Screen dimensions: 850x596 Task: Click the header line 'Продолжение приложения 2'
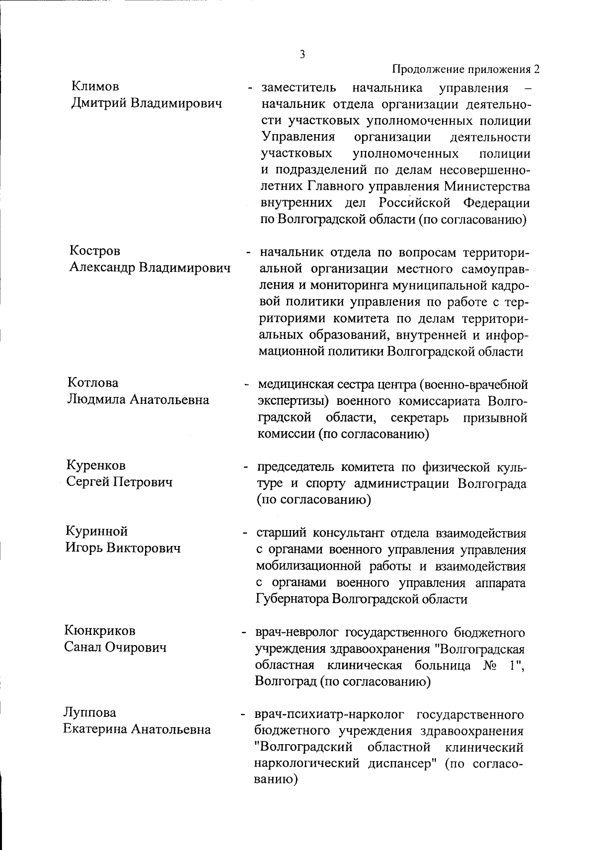pos(466,70)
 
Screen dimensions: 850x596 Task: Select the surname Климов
pos(95,86)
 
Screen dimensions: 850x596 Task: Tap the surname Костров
pos(94,251)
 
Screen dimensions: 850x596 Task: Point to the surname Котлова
pos(93,383)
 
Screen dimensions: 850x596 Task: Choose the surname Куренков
pos(95,465)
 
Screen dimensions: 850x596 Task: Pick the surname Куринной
pos(96,531)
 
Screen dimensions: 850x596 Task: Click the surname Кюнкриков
pos(99,631)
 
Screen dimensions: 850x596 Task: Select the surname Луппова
pos(89,712)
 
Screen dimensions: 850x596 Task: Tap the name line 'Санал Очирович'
pos(115,648)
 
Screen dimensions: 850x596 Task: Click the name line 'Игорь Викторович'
pos(122,548)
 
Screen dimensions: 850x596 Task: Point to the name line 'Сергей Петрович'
pos(119,482)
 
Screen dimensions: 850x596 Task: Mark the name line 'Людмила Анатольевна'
pos(138,400)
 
